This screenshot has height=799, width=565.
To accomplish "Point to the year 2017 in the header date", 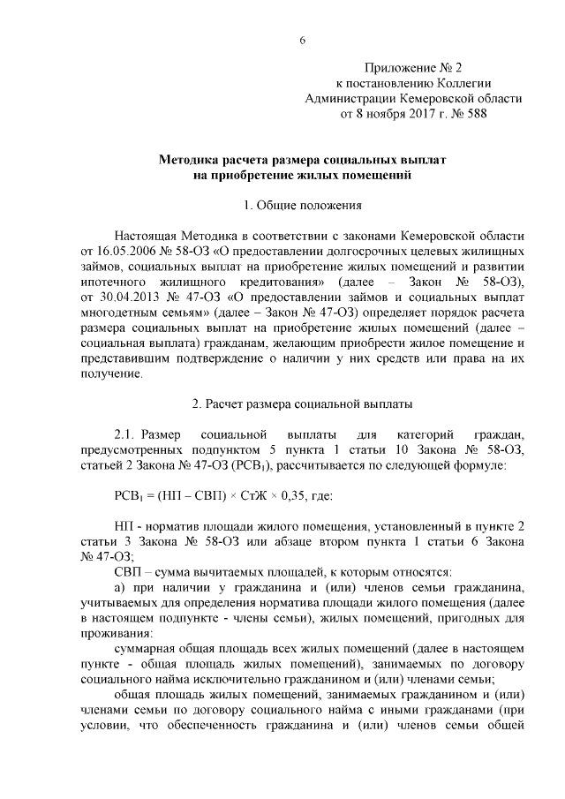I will coord(410,114).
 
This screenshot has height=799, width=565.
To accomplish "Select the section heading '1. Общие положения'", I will coord(303,207).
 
